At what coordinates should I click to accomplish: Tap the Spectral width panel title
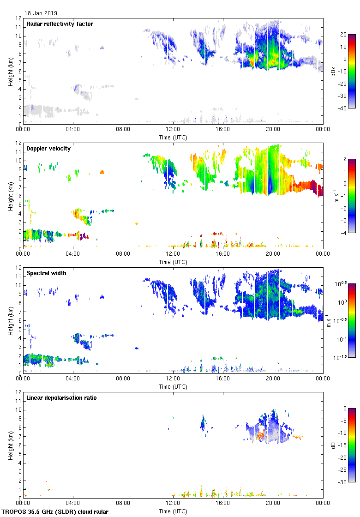pos(47,273)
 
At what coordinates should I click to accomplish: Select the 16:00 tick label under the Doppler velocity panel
pos(223,254)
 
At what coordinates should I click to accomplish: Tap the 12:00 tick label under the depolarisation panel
pos(173,504)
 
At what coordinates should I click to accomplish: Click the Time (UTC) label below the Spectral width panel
pos(173,386)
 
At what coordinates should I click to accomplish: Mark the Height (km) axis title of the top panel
pos(10,71)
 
